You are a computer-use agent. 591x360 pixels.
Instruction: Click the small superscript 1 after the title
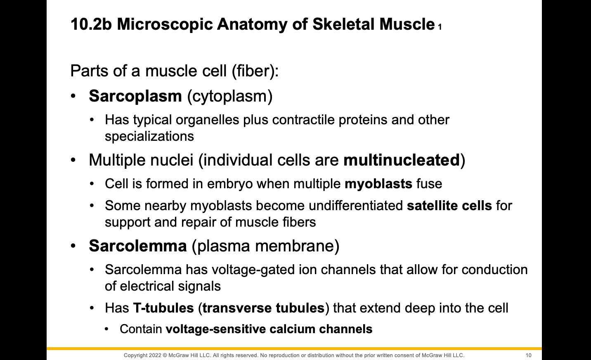pos(440,28)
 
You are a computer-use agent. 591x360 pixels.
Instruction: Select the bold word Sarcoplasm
pos(135,96)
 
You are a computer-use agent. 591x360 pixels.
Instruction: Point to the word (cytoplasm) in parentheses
pos(230,96)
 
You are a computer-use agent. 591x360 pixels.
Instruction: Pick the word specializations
pos(149,136)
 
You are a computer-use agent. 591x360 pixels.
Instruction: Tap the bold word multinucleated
pos(402,160)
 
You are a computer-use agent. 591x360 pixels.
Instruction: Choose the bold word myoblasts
pos(378,184)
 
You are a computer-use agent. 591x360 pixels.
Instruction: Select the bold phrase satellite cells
pos(449,206)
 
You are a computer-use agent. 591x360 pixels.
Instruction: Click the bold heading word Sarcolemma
pos(138,246)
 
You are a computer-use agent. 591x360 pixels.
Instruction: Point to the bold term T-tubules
pos(163,308)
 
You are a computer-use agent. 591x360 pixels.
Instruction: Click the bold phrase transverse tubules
pos(263,308)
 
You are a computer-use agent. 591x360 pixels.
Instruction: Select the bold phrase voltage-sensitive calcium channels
pos(269,329)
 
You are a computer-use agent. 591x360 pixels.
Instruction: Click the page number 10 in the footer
pos(529,355)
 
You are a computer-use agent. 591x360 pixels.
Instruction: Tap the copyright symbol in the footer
pos(165,355)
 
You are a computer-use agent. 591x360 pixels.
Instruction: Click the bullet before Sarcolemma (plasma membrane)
pos(73,246)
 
